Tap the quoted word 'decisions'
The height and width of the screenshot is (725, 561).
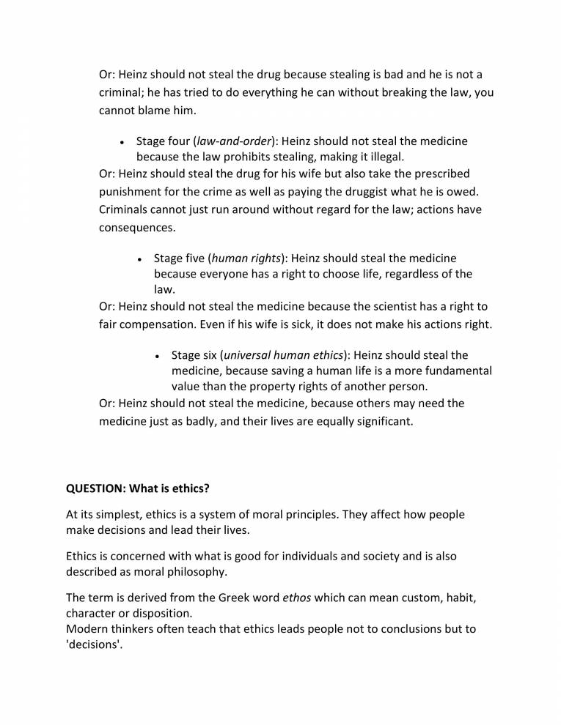click(x=93, y=646)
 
